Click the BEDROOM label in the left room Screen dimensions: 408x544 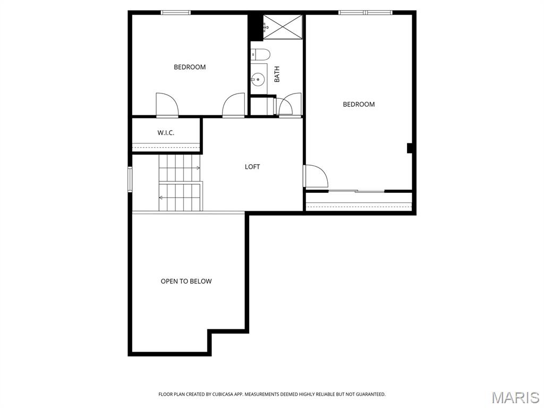190,67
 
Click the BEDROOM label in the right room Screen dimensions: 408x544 359,104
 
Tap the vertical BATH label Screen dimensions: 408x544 277,74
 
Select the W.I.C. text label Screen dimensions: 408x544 166,133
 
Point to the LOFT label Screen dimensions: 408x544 252,167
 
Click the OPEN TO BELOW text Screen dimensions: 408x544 186,281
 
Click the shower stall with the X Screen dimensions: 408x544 283,27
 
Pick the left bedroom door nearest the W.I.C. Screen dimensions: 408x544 166,105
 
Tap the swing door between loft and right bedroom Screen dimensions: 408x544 314,176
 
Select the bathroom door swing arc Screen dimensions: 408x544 290,104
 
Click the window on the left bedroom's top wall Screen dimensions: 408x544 176,12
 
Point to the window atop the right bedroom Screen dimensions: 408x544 365,12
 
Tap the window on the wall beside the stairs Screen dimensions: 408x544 130,179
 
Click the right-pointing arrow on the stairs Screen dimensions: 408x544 197,168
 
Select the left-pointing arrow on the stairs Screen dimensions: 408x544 161,197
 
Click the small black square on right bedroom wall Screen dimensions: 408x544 410,148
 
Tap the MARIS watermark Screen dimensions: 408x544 515,397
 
